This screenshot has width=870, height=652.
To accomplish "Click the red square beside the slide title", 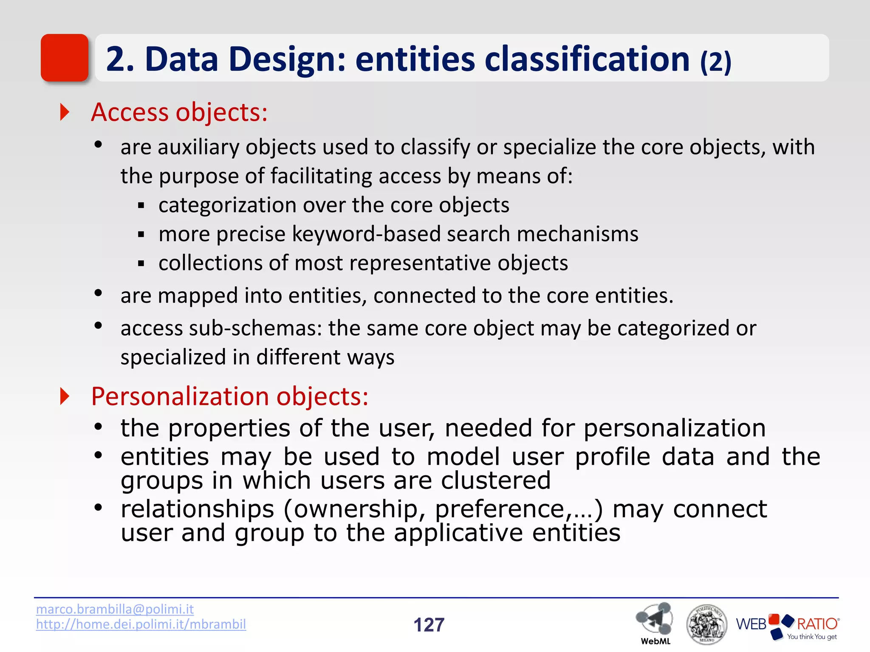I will pos(65,58).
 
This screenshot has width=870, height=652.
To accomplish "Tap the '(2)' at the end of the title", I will pos(716,62).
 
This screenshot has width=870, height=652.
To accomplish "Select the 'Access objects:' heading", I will pos(179,112).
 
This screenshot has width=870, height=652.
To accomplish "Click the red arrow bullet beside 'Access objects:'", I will pos(65,112).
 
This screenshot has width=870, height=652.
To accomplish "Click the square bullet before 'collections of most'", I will pos(141,264).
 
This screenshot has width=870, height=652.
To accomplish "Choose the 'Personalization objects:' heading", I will pos(230,396).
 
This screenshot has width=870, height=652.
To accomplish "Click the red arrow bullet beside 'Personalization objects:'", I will pos(65,396).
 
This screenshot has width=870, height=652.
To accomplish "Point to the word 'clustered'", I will pos(496,481).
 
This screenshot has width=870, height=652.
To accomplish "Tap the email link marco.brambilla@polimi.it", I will pos(115,609).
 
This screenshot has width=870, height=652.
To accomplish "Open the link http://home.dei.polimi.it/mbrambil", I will pos(141,624).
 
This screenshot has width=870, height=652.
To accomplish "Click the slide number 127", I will pos(429,625).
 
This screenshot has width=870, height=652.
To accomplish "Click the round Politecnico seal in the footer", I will pos(706,624).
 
